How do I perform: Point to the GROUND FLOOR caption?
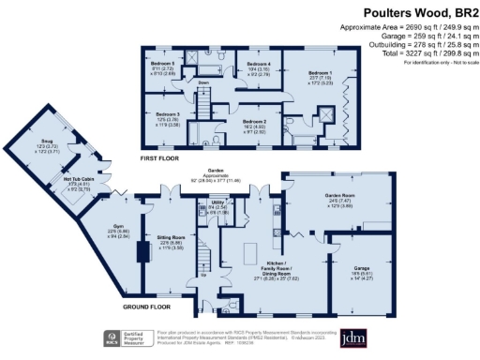[x=145, y=306]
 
